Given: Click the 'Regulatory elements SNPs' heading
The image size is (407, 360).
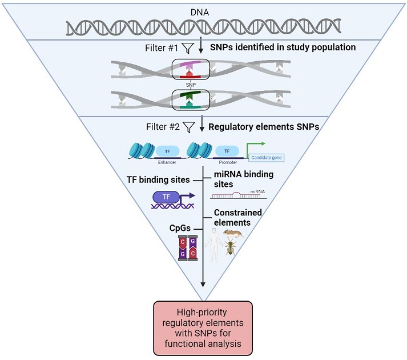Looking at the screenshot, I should pos(264,126).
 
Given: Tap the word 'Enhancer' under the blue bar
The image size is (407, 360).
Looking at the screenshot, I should pos(167,162).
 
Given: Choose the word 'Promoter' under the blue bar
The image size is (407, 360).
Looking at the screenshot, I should pos(227,162).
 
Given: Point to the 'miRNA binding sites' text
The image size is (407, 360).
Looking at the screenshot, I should pos(241,178).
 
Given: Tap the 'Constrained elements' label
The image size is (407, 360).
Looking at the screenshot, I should pos(238,217).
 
